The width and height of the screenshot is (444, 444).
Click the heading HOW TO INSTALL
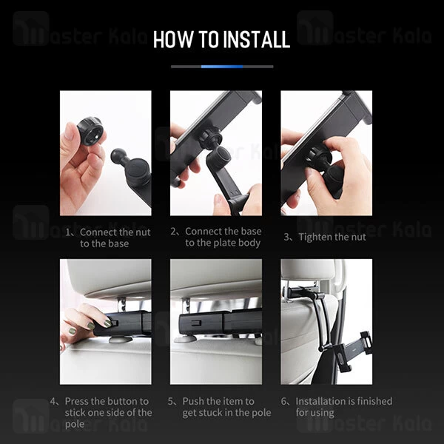(x=221, y=39)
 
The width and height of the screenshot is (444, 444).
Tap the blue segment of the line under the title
(x=222, y=66)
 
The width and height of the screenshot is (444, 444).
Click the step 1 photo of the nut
(x=105, y=152)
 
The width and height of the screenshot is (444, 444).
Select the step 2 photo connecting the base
(x=215, y=152)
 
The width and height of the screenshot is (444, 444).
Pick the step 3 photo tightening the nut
(x=326, y=152)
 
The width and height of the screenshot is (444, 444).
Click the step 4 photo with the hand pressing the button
(x=105, y=321)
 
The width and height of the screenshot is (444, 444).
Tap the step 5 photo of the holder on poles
(x=215, y=321)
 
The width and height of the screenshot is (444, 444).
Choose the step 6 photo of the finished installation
(x=326, y=321)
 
